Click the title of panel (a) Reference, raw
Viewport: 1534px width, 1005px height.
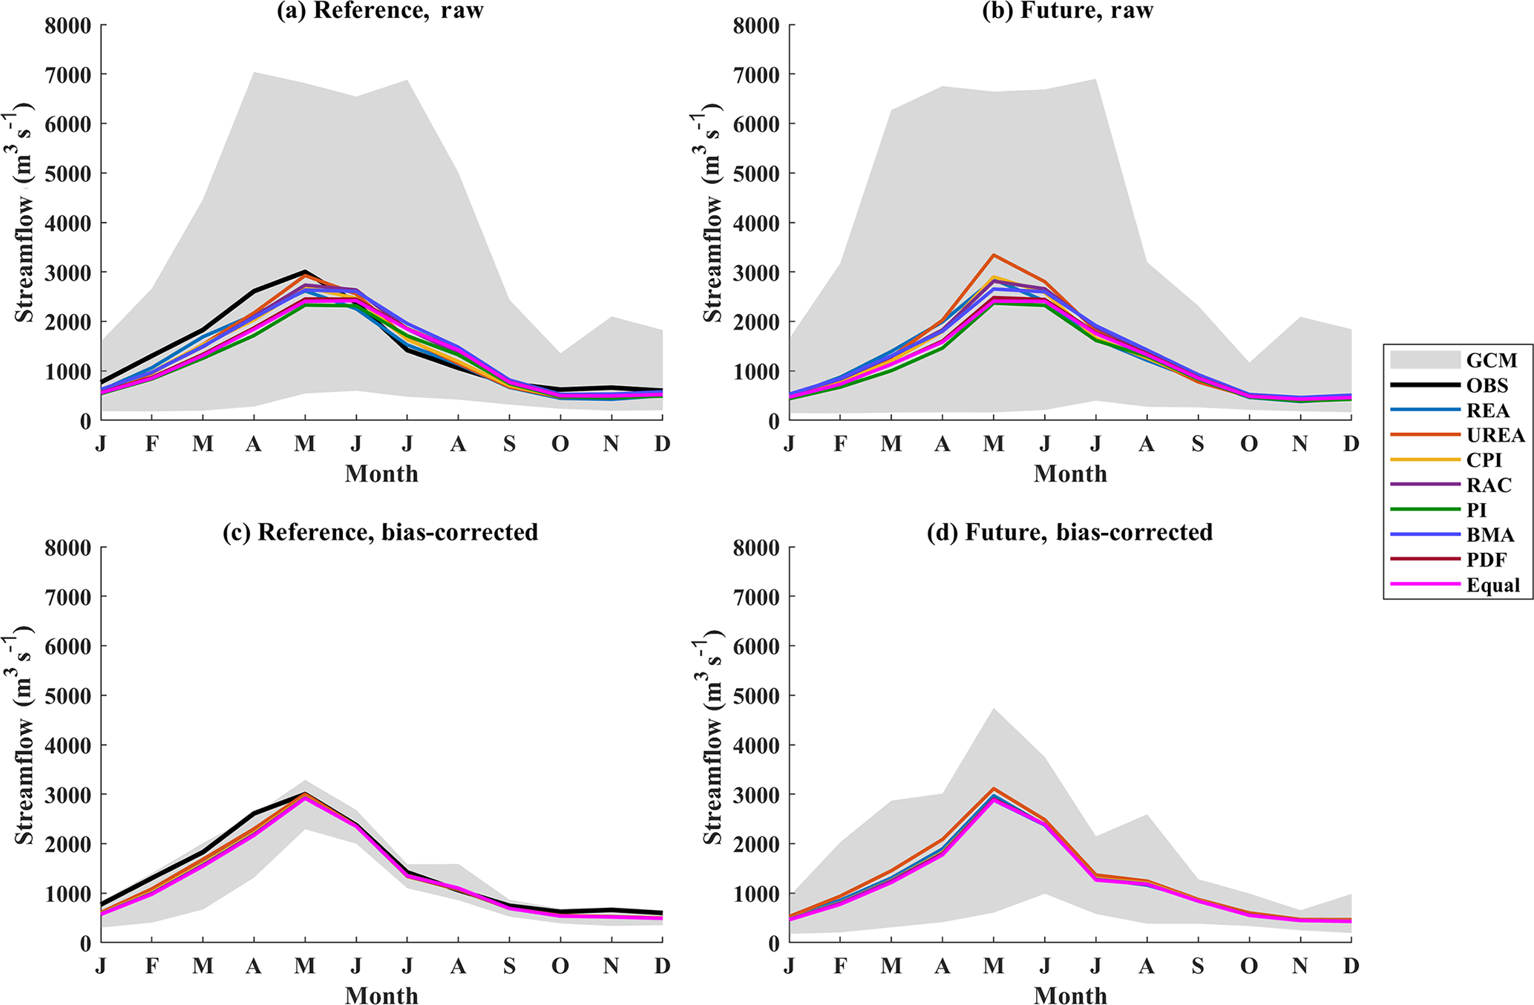click(x=380, y=11)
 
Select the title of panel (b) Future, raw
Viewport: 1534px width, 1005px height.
click(x=1067, y=11)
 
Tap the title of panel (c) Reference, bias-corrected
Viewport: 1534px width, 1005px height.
click(x=380, y=532)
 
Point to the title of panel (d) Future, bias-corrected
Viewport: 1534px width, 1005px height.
click(x=1069, y=532)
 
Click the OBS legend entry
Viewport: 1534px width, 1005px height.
click(x=1487, y=385)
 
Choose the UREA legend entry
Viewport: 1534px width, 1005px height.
click(x=1495, y=435)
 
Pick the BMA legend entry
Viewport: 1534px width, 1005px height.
click(x=1490, y=534)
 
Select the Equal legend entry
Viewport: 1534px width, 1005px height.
click(x=1492, y=585)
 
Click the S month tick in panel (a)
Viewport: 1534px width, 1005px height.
click(x=509, y=444)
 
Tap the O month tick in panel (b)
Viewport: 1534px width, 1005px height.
click(x=1249, y=444)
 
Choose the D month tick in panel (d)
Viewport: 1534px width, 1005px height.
click(x=1351, y=966)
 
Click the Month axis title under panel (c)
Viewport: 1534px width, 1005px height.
click(x=381, y=995)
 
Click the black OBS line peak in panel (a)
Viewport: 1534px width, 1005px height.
click(x=305, y=272)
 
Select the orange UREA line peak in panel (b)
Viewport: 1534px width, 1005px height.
click(x=994, y=255)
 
